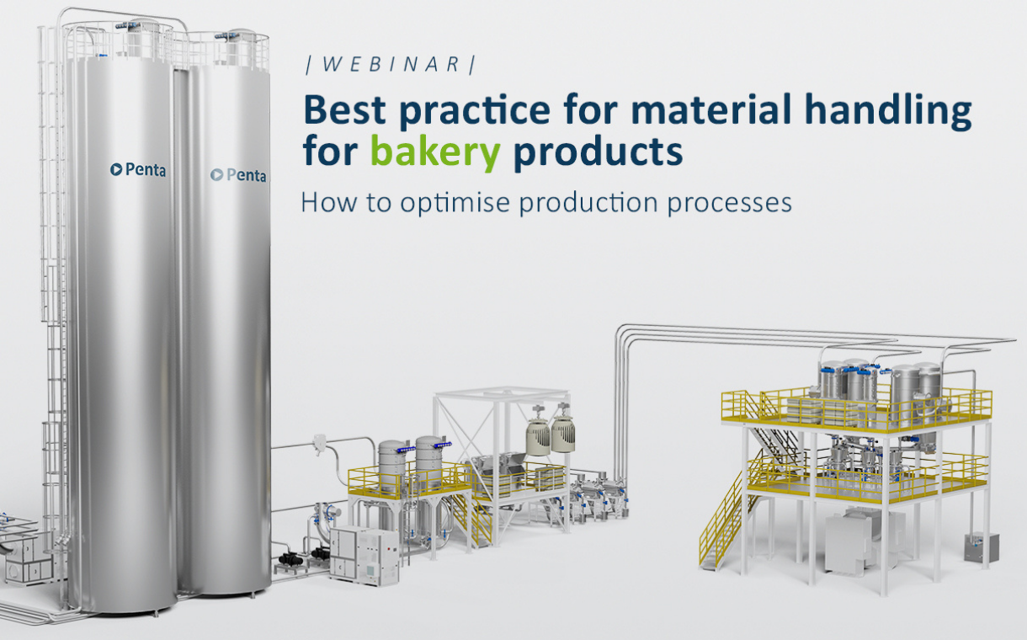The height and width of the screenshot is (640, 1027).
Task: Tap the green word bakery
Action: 435,152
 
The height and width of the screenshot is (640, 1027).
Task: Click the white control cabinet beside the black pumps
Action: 363,554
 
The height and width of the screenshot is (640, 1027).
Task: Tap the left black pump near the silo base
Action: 297,557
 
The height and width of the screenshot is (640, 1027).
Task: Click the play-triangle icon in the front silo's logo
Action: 116,170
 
